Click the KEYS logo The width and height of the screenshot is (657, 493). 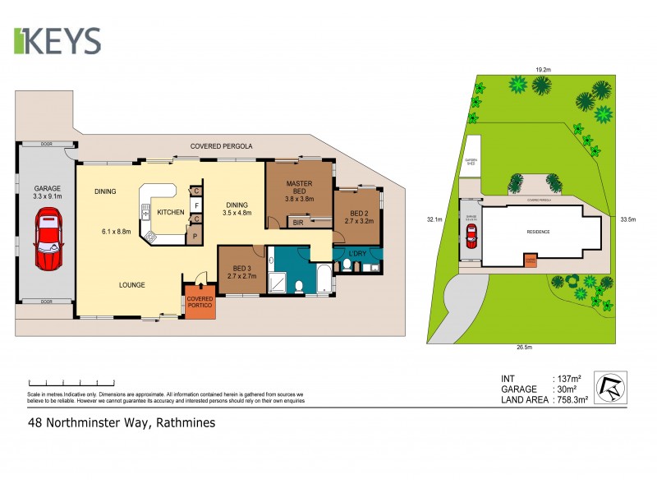coord(57,41)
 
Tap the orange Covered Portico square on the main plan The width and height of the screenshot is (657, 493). coord(200,302)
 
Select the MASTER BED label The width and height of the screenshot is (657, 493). coord(301,190)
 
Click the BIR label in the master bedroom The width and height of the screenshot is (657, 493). coord(297,223)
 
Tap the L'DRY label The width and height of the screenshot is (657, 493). coord(357,252)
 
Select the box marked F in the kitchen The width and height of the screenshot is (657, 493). coord(197,205)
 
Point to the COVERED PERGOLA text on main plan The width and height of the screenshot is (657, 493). coord(221,145)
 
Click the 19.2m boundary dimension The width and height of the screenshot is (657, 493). coord(542,70)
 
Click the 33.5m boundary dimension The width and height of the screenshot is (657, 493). coord(630,219)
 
